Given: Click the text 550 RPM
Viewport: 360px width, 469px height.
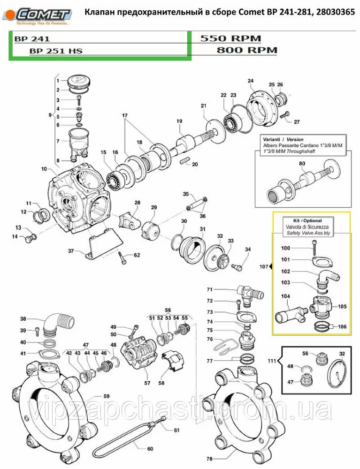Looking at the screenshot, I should click(230, 38).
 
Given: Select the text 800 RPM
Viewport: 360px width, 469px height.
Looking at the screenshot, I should click(247, 50).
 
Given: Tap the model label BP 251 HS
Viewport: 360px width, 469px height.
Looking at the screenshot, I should click(55, 51).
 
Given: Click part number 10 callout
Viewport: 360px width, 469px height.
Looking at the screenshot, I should click(44, 169).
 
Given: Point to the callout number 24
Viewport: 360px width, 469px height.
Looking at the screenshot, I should click(250, 80).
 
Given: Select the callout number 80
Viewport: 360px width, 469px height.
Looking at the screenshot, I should click(302, 163).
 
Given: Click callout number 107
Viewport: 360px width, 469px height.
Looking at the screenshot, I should click(263, 267).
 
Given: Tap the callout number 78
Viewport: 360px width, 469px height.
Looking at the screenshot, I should click(209, 458).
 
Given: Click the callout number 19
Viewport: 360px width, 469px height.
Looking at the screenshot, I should click(179, 121).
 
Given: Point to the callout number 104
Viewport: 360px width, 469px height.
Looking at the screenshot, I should click(286, 296).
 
